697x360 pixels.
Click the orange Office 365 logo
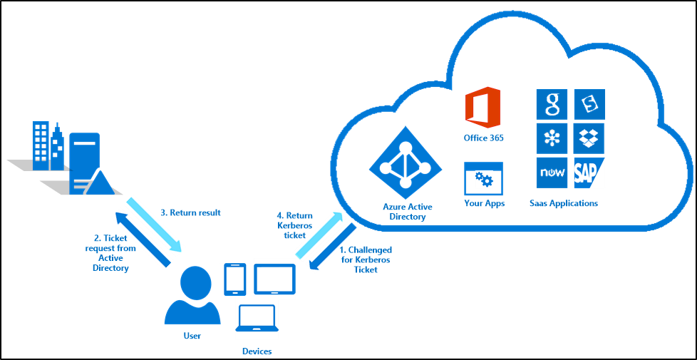point(482,107)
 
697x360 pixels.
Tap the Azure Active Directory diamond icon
point(406,162)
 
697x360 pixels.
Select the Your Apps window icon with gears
point(484,179)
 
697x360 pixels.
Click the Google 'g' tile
point(552,104)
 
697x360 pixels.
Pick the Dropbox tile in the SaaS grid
point(589,138)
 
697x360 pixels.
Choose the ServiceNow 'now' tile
point(552,173)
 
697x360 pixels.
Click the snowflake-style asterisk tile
point(552,138)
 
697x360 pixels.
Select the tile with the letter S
point(589,104)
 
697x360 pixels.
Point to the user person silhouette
point(192,296)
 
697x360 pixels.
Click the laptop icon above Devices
point(257,318)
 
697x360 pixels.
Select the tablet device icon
point(274,279)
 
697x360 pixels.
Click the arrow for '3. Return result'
point(155,225)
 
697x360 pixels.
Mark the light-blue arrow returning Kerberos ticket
point(319,235)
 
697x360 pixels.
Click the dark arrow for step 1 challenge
point(333,246)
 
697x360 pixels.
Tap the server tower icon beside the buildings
point(86,163)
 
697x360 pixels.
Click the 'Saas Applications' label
point(563,204)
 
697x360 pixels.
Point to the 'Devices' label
point(257,351)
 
